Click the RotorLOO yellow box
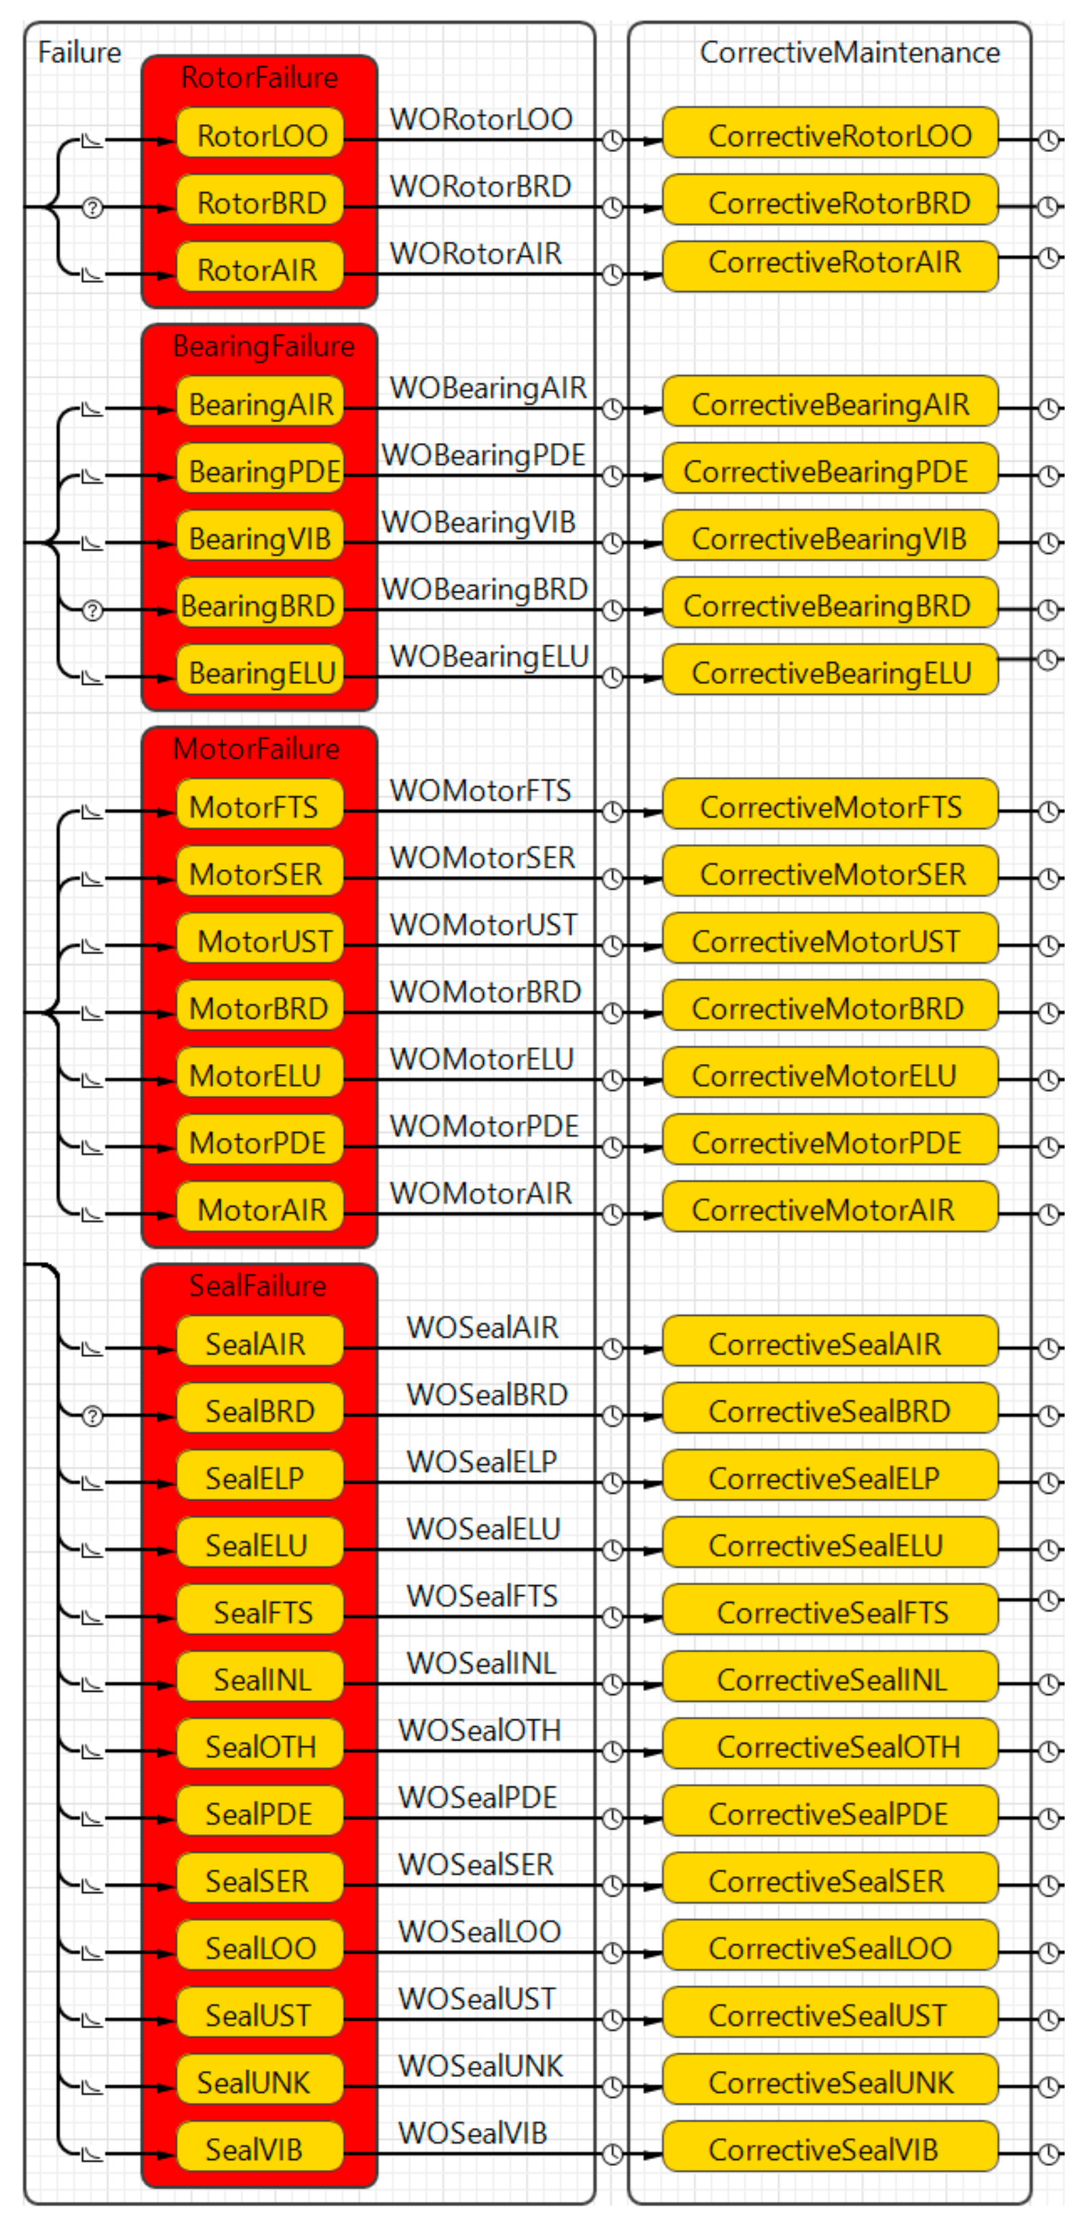tap(261, 135)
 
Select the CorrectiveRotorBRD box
tap(830, 202)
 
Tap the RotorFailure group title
tap(259, 78)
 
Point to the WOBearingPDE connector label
tap(483, 455)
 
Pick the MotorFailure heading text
tap(256, 748)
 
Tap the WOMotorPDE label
tap(483, 1126)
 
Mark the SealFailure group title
tap(258, 1286)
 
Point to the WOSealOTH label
tap(479, 1730)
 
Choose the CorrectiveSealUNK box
tap(830, 2082)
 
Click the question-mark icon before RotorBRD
tap(92, 208)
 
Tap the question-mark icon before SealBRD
tap(92, 1416)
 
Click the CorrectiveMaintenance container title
tap(849, 53)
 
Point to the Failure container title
tap(79, 53)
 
